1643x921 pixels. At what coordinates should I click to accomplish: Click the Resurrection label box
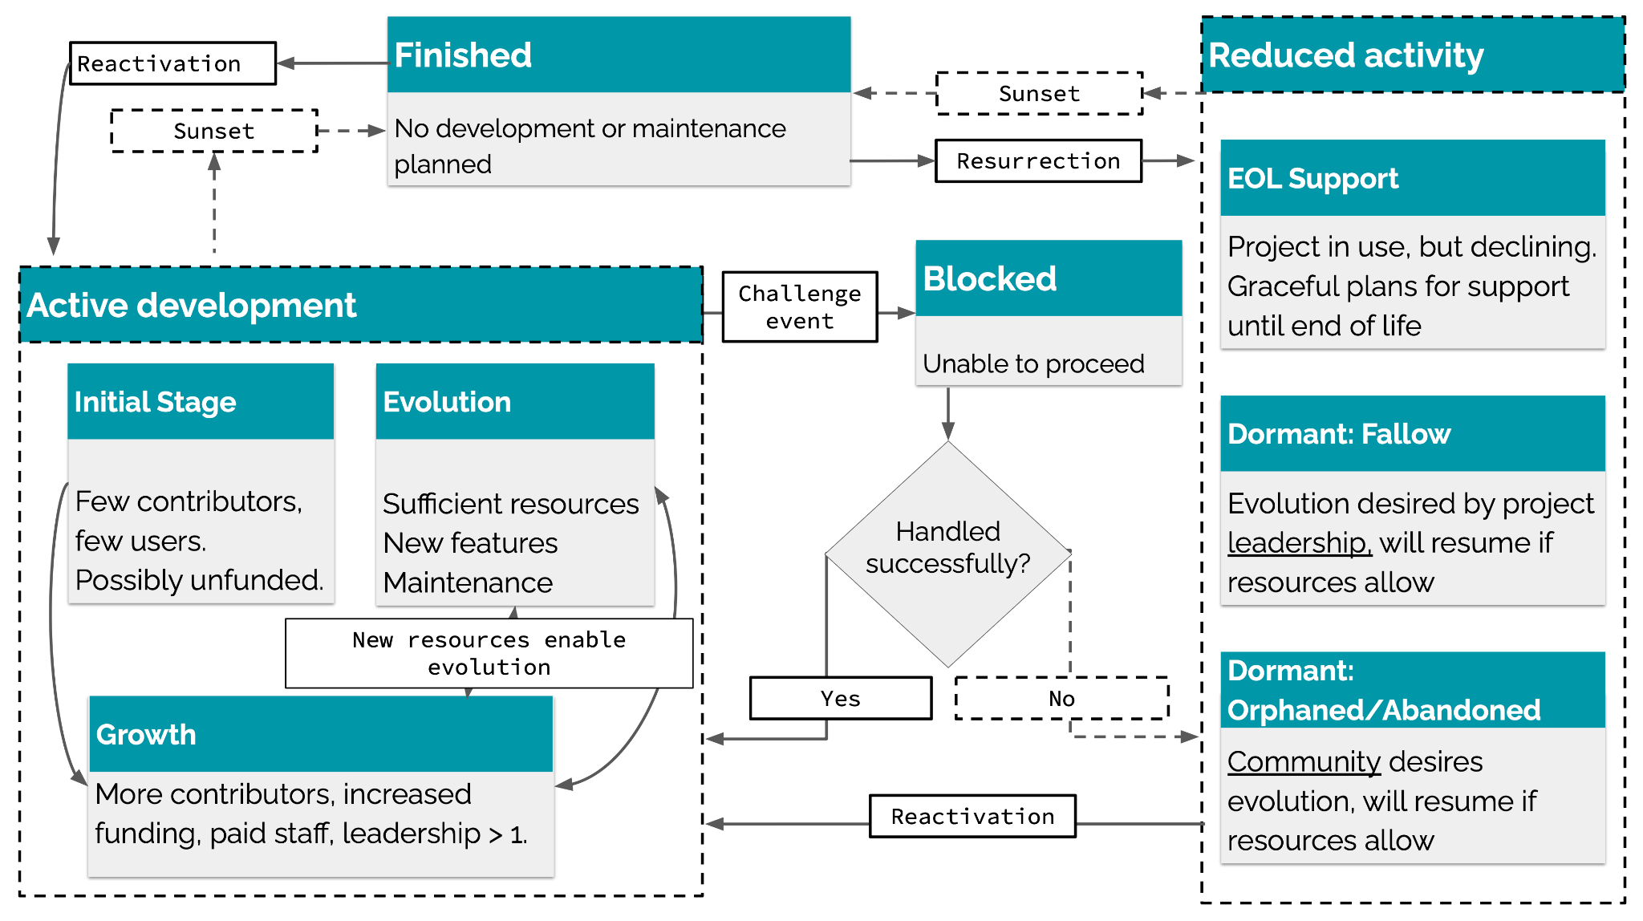pos(1038,161)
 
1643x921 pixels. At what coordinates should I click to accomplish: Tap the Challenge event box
pos(799,307)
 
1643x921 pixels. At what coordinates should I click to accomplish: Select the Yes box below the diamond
pos(840,699)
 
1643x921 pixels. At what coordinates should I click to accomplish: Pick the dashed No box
pos(1061,699)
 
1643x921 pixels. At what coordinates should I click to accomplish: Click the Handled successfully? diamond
pos(947,554)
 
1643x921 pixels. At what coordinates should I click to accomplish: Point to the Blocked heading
pos(990,279)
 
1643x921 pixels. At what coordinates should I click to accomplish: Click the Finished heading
pos(463,55)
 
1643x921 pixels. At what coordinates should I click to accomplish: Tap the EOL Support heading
pos(1312,178)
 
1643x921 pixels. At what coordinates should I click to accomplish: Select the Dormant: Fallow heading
pos(1338,434)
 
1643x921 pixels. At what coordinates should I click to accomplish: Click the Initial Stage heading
pos(155,402)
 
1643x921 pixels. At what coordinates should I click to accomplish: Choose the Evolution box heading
pos(447,402)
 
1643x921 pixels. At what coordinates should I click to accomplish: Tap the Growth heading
pos(146,735)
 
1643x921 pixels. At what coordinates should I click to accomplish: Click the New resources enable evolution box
pos(489,653)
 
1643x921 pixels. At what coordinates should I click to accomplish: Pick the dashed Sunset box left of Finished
pos(213,131)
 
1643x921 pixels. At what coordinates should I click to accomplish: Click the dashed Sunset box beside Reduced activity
pos(1039,94)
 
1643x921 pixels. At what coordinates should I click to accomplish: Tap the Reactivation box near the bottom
pos(972,817)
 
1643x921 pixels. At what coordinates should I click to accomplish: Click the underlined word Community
pos(1304,762)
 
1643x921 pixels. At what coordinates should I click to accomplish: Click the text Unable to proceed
pos(1033,364)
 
